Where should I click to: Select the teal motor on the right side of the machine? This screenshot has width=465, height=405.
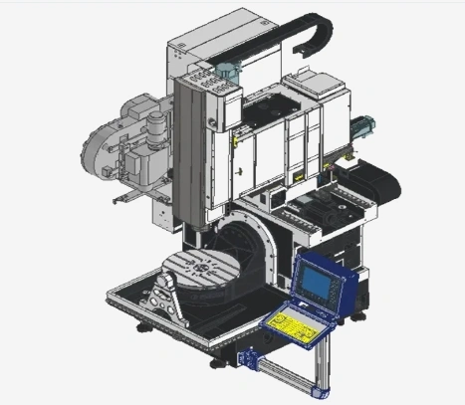point(360,127)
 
